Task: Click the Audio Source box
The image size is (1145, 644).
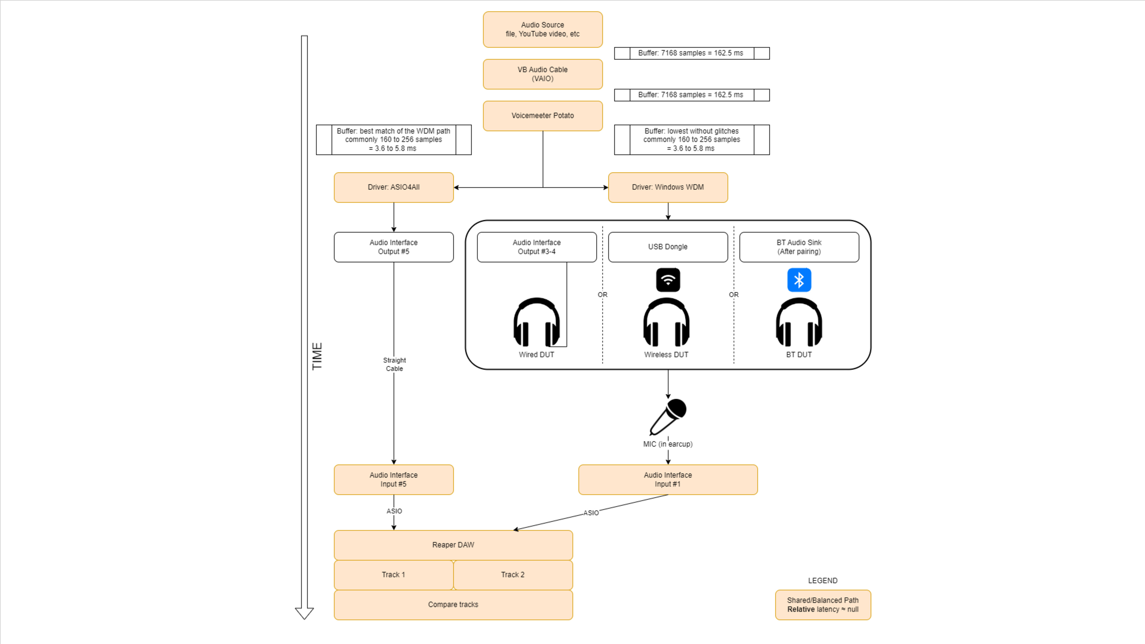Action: (542, 29)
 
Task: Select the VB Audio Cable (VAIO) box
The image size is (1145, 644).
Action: (542, 74)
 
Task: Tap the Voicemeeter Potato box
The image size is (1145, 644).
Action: (542, 116)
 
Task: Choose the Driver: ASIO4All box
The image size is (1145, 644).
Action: (393, 187)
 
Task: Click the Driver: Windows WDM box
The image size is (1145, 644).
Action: (668, 187)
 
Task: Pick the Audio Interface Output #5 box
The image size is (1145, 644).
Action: (393, 247)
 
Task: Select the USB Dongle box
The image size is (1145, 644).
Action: (668, 247)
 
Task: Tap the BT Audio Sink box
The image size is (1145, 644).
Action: (799, 247)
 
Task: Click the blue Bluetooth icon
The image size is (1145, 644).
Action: (799, 280)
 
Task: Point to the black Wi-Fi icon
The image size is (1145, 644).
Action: (668, 280)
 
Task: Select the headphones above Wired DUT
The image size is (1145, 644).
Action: (536, 322)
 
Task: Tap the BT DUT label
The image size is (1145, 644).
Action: (799, 355)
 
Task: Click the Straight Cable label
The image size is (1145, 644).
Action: (394, 364)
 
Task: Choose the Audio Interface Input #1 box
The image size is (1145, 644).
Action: (668, 479)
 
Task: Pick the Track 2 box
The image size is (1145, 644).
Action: (513, 575)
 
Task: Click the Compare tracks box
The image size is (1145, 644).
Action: (453, 604)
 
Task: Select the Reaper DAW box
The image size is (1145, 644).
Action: (453, 545)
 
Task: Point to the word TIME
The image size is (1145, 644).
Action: (317, 356)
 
